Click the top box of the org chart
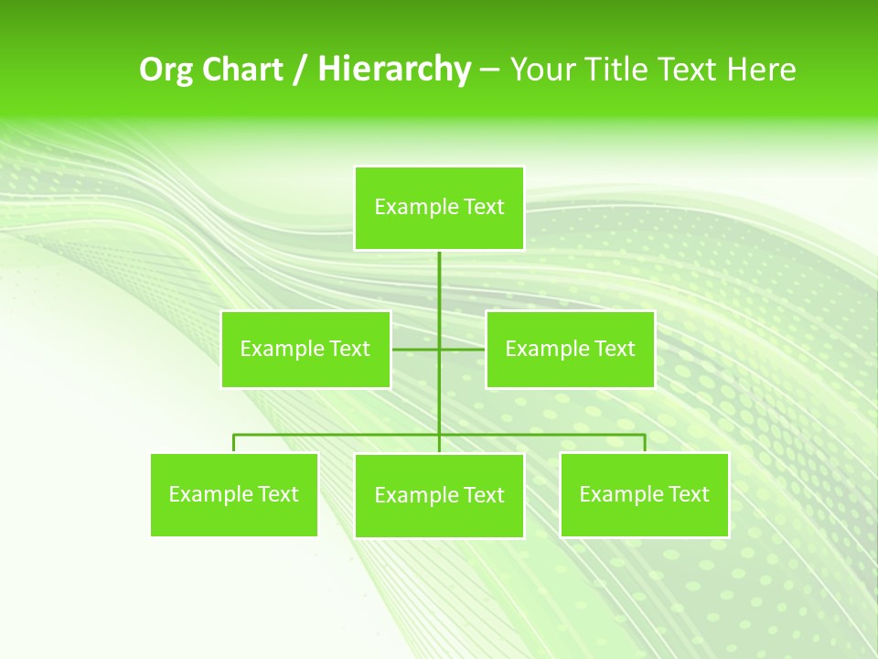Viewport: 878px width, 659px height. click(x=439, y=208)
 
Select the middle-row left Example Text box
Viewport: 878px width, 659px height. click(x=305, y=349)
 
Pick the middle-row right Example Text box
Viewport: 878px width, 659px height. click(x=570, y=349)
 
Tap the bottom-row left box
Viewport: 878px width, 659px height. click(x=234, y=494)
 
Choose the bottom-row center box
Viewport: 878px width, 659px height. click(x=439, y=495)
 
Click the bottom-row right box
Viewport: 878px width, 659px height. click(x=645, y=494)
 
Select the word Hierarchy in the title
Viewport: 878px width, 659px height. click(x=394, y=70)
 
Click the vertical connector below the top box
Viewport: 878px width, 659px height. click(x=439, y=284)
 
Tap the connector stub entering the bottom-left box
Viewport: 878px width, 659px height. click(x=234, y=443)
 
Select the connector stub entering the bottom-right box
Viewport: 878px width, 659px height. click(x=645, y=443)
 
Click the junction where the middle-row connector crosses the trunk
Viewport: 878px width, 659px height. click(x=439, y=349)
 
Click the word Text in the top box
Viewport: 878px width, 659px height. click(x=484, y=208)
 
